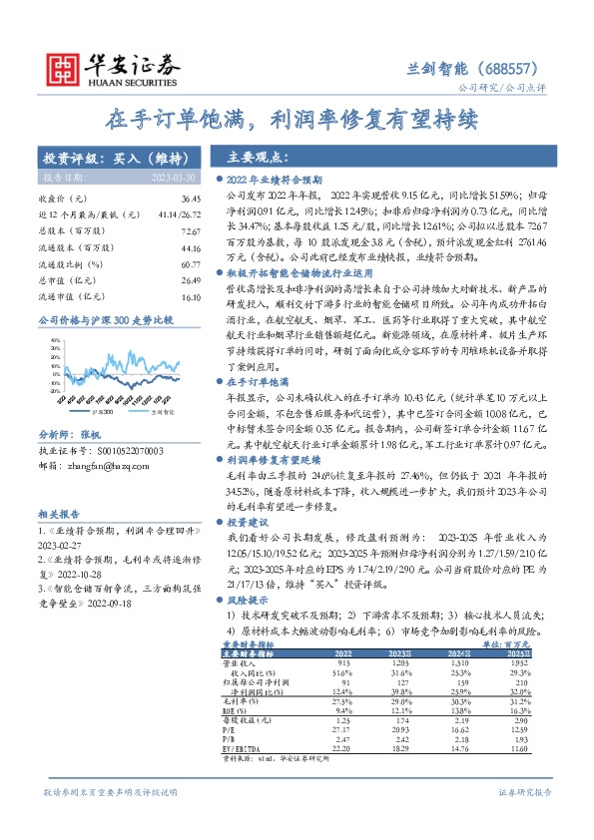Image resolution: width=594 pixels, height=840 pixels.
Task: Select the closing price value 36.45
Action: [182, 200]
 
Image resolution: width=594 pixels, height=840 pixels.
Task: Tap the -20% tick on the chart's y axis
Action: [47, 397]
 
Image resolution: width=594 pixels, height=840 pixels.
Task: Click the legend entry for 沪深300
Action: [101, 410]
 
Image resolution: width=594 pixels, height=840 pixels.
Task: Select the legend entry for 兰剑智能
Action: [161, 410]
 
